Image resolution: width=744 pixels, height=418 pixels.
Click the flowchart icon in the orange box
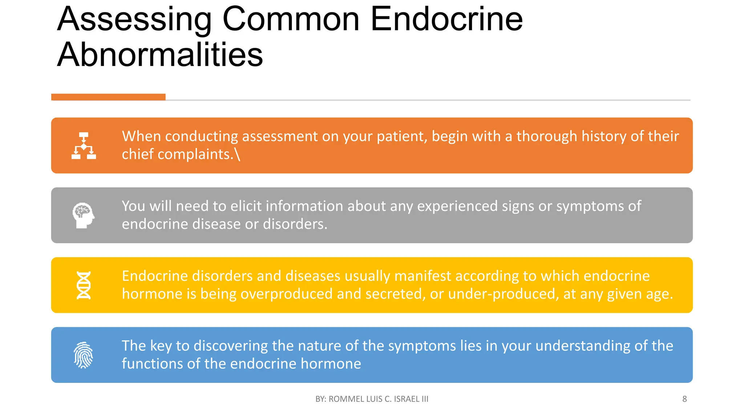point(84,146)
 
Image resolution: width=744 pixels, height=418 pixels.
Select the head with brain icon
point(84,215)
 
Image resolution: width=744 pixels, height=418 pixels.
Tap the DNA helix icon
point(84,285)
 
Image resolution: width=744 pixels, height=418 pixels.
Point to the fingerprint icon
point(84,355)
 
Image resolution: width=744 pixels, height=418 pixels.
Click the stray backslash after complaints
point(237,154)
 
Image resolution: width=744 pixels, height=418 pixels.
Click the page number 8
point(684,399)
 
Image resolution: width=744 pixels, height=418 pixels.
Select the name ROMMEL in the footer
point(346,399)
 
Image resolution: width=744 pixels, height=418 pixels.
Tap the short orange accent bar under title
point(108,97)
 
